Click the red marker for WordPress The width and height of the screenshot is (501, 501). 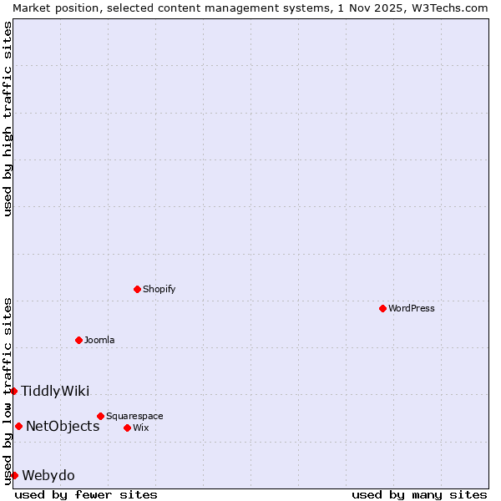click(x=382, y=308)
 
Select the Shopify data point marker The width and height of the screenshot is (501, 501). click(x=137, y=289)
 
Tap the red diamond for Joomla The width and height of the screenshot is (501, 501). click(x=78, y=340)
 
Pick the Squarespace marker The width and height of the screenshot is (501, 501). click(x=100, y=416)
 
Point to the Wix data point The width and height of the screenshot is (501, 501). click(x=127, y=428)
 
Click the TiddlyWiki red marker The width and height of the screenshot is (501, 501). click(x=13, y=391)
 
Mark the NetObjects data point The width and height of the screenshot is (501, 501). click(x=18, y=426)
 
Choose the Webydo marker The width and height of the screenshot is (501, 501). click(x=14, y=475)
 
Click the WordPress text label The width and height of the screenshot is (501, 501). click(x=412, y=308)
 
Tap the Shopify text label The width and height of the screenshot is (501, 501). click(x=159, y=289)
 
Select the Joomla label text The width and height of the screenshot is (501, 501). click(x=99, y=340)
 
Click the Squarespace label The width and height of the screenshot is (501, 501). click(x=134, y=416)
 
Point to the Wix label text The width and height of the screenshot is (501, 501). click(x=141, y=428)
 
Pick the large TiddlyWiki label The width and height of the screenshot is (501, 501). click(x=55, y=391)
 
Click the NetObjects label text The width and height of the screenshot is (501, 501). click(x=63, y=426)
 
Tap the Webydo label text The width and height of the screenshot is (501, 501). click(x=48, y=475)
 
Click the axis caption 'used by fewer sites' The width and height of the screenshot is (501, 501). click(x=86, y=494)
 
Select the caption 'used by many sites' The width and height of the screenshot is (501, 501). click(x=419, y=494)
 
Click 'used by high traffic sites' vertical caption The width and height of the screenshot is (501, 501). click(x=8, y=119)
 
